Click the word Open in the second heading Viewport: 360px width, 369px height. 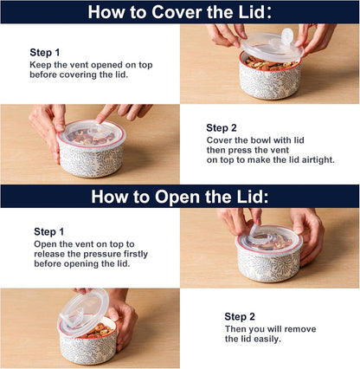pos(177,197)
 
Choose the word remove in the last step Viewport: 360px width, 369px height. pos(300,329)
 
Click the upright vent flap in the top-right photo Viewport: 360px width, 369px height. pos(287,36)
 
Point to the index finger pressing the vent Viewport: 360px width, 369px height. pos(106,113)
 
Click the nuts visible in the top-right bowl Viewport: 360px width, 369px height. pos(270,64)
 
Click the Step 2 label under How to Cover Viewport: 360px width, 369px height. pos(222,128)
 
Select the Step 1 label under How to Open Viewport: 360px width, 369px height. pos(49,231)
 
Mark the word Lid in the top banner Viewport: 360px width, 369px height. pos(254,12)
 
